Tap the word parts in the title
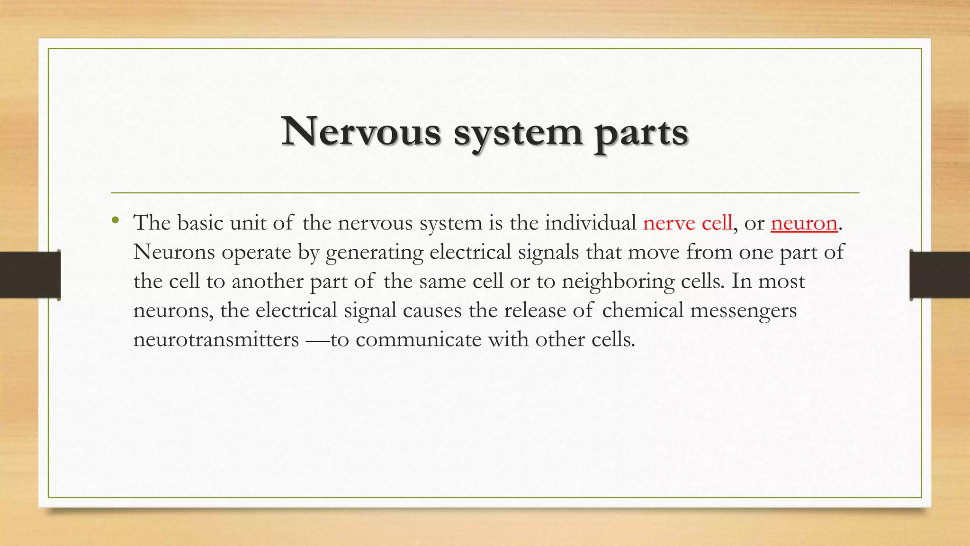click(641, 133)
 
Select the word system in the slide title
click(518, 133)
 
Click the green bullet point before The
click(115, 220)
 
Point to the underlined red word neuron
click(804, 223)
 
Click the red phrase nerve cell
click(687, 223)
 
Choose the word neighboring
click(618, 282)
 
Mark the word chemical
click(643, 310)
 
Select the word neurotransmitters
click(216, 339)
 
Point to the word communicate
click(418, 339)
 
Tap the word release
click(535, 310)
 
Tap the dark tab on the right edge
click(940, 275)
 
